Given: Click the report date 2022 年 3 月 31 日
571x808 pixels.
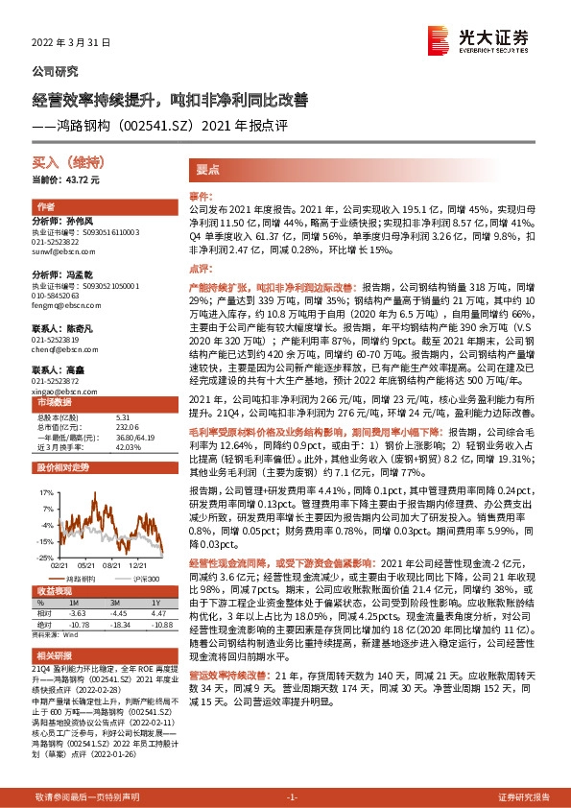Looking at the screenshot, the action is click(x=73, y=43).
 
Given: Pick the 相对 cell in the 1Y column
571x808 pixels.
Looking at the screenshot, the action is click(x=159, y=611).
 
